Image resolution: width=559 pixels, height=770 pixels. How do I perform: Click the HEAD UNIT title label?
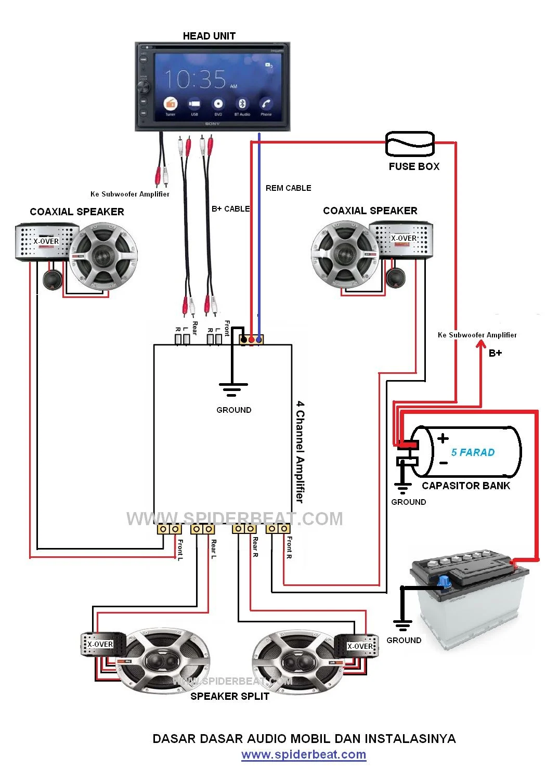click(209, 36)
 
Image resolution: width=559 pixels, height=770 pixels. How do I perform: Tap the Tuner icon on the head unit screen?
click(171, 104)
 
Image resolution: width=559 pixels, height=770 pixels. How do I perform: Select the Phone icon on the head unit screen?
click(266, 104)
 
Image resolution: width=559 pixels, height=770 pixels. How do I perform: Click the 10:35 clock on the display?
click(196, 80)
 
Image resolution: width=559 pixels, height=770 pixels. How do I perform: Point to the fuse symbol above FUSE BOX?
click(410, 143)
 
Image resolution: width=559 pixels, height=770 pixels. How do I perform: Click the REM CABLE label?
click(288, 188)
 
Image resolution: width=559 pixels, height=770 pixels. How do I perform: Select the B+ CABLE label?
click(230, 209)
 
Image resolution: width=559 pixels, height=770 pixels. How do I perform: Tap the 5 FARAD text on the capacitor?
click(473, 452)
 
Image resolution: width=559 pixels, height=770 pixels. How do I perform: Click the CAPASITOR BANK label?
click(466, 486)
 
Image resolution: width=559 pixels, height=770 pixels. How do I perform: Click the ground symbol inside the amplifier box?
click(232, 389)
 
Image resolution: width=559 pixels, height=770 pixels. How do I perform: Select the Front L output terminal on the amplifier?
click(169, 529)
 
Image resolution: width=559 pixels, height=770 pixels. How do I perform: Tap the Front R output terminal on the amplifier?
click(278, 529)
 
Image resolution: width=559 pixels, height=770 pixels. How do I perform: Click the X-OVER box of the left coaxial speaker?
click(46, 242)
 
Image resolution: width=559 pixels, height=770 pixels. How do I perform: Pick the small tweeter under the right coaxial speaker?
click(396, 278)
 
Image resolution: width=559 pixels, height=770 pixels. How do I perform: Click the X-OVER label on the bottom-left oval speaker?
click(100, 644)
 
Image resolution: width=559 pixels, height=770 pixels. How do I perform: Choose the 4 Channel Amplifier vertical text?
click(300, 451)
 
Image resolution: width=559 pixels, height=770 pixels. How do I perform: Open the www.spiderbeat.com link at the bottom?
click(304, 754)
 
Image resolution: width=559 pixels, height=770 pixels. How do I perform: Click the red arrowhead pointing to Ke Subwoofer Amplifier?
click(482, 345)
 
